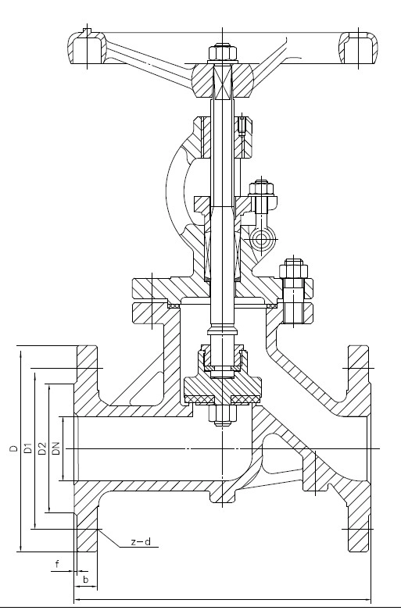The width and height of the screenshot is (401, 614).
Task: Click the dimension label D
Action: [14, 448]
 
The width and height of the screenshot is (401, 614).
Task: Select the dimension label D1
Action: [27, 448]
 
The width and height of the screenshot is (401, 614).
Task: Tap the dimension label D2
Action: [42, 448]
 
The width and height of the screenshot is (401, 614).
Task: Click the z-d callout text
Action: [141, 542]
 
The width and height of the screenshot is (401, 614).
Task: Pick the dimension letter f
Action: [57, 564]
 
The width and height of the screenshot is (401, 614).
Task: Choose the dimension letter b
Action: [86, 580]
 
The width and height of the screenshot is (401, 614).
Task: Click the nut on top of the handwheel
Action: [223, 54]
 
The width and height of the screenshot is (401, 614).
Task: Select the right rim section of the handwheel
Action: [358, 48]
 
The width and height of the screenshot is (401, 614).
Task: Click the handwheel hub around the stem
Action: [222, 80]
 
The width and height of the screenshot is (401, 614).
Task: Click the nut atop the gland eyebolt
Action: [261, 188]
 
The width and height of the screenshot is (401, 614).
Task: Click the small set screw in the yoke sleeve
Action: [242, 126]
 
